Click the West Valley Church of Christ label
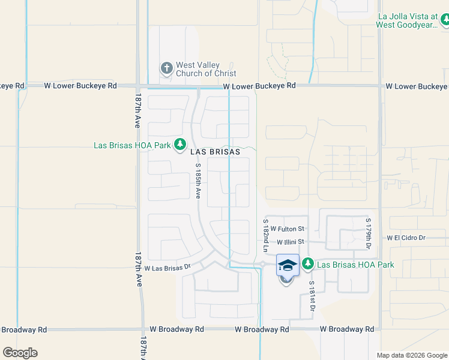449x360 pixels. (206, 69)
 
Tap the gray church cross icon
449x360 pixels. (166, 68)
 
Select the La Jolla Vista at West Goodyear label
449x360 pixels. (406, 22)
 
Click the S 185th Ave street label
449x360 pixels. (198, 183)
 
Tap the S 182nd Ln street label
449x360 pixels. (265, 235)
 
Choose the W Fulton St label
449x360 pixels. (288, 229)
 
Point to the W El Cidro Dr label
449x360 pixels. (406, 238)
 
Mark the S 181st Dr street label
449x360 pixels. (312, 295)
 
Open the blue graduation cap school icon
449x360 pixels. (288, 265)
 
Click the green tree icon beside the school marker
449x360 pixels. (308, 263)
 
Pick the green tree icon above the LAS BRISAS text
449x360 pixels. (179, 144)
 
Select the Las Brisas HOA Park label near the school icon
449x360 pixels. (355, 265)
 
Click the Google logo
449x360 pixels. (20, 353)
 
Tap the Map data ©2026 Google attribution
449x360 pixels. (411, 355)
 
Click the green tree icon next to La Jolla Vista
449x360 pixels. (445, 22)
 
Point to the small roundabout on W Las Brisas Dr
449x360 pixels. (262, 263)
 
